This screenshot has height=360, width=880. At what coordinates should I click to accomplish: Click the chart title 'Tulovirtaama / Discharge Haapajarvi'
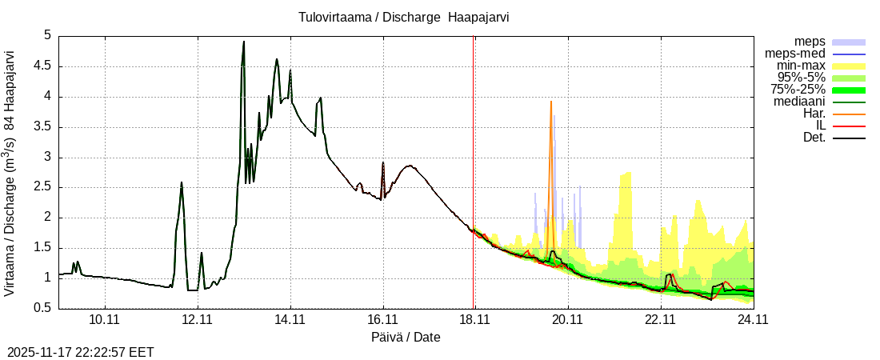[x=404, y=17]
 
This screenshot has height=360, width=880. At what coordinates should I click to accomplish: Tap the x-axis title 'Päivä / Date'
[x=406, y=337]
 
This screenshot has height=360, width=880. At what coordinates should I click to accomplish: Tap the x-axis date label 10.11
[x=105, y=320]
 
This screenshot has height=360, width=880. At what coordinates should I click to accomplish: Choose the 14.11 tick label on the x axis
[x=290, y=320]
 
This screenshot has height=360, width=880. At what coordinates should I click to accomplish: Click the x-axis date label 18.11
[x=474, y=320]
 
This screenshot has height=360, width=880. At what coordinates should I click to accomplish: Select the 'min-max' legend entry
[x=801, y=66]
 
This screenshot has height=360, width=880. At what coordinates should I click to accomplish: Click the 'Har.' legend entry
[x=813, y=114]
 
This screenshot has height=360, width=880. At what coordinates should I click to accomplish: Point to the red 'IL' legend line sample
[x=849, y=126]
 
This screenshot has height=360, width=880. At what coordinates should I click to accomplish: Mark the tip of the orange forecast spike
[x=551, y=102]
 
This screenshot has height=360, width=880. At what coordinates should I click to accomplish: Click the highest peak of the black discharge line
[x=243, y=42]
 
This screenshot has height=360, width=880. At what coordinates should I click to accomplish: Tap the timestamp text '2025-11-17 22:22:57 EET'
[x=81, y=352]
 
